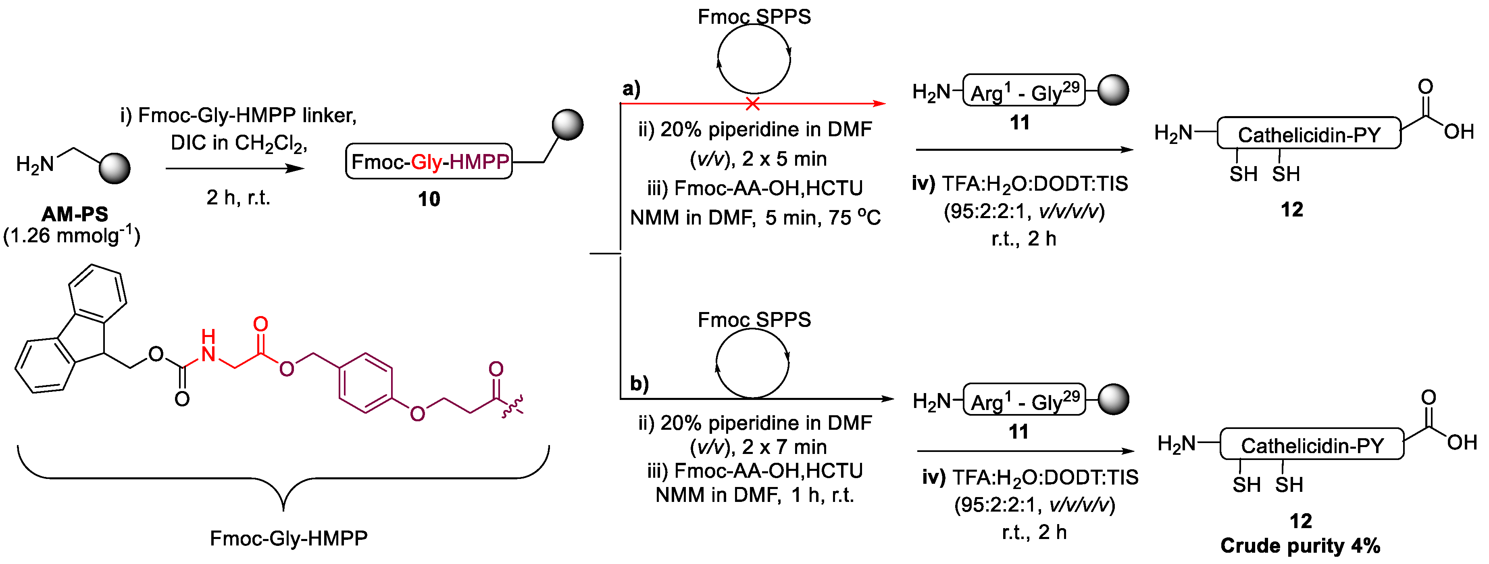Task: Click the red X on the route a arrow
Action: [x=752, y=104]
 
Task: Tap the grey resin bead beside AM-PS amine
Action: [x=115, y=168]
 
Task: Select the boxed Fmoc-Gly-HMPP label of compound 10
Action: [x=429, y=161]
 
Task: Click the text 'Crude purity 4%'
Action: [x=1300, y=545]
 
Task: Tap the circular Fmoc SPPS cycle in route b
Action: [x=752, y=363]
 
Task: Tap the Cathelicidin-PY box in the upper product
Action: [x=1309, y=134]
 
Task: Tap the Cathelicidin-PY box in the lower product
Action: [x=1312, y=445]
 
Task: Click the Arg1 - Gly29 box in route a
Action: [x=1024, y=91]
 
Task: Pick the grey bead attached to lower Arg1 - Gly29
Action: [x=1113, y=399]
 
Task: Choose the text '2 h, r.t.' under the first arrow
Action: [x=238, y=198]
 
